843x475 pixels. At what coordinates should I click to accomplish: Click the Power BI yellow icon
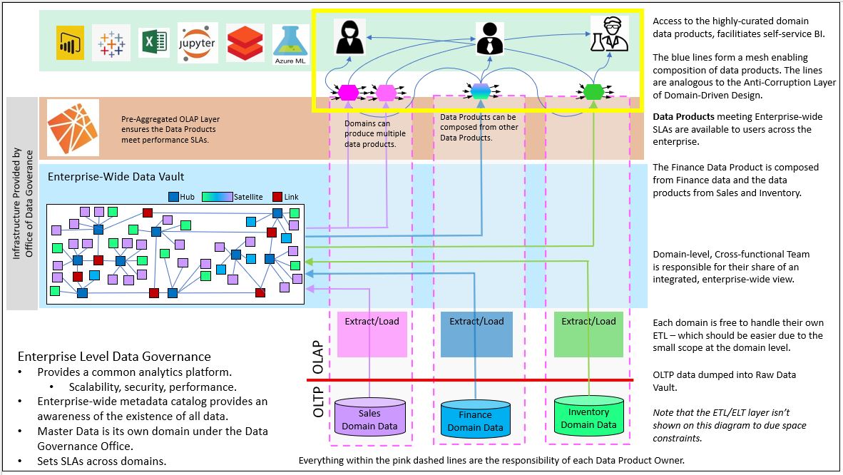pyautogui.click(x=70, y=44)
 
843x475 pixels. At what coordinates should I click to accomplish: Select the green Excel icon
pyautogui.click(x=153, y=43)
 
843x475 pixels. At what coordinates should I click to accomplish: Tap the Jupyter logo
pyautogui.click(x=198, y=43)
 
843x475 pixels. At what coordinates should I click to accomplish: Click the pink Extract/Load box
pyautogui.click(x=372, y=334)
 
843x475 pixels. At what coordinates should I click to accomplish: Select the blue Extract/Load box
pyautogui.click(x=476, y=334)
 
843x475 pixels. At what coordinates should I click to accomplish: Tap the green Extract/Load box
pyautogui.click(x=588, y=334)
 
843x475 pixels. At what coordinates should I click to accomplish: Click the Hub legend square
pyautogui.click(x=173, y=197)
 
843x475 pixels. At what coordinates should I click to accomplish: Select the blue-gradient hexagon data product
pyautogui.click(x=481, y=91)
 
